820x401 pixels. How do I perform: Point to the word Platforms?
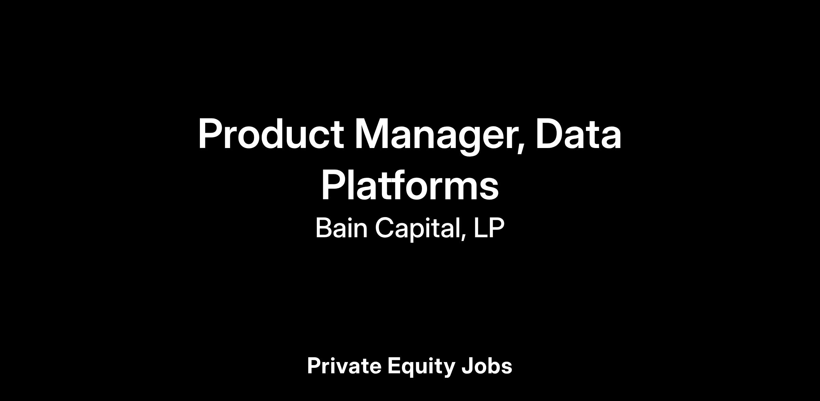pos(410,186)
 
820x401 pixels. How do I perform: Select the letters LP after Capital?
pos(489,228)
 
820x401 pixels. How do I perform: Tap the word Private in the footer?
pos(344,366)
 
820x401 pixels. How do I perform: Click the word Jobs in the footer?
pos(487,366)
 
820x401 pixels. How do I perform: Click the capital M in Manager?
pos(371,134)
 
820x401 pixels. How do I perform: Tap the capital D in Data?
pos(550,134)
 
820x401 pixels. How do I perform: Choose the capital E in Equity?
pos(395,366)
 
